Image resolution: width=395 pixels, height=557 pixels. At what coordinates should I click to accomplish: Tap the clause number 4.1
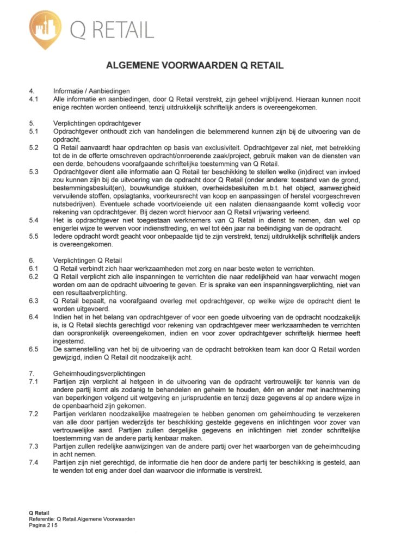(34, 99)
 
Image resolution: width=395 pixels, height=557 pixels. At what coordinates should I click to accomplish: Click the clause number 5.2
(34, 147)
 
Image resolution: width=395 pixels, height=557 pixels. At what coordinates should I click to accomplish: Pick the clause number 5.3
(34, 171)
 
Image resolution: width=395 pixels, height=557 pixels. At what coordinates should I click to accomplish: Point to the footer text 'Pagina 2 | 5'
(45, 525)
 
